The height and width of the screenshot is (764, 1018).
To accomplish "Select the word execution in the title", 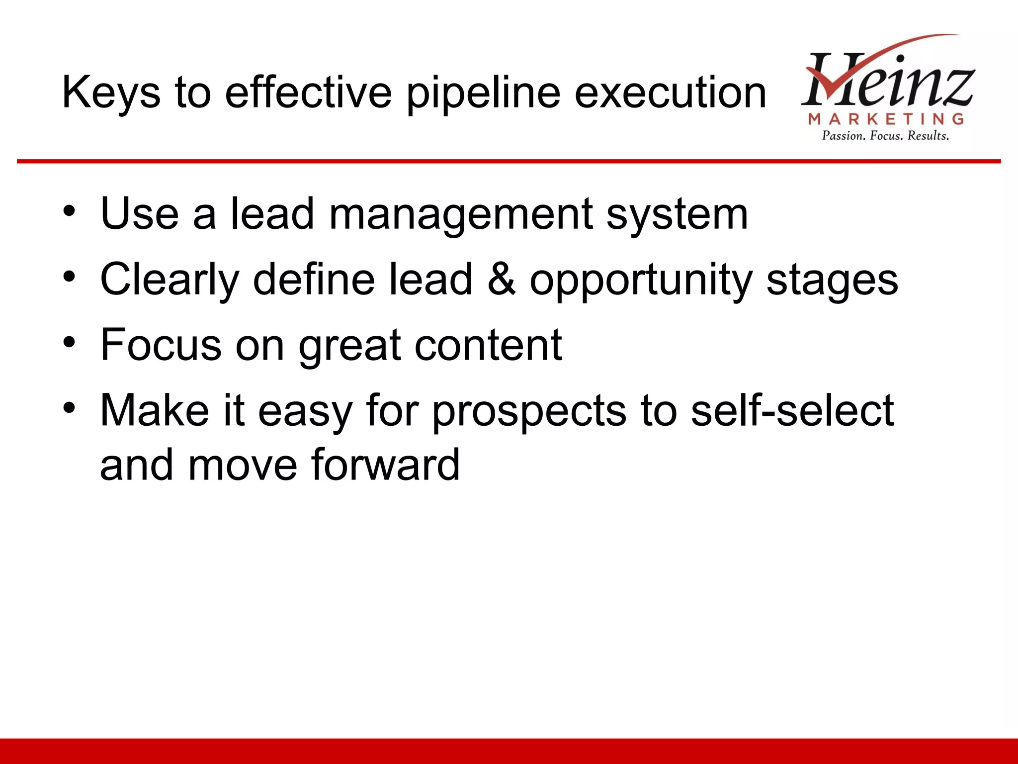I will tap(671, 93).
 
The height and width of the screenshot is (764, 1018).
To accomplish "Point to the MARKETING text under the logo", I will tap(886, 119).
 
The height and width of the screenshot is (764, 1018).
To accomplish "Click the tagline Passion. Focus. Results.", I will tap(885, 136).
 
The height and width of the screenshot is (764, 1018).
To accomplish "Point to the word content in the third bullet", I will tap(488, 345).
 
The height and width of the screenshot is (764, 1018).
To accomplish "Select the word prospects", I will tap(529, 412).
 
